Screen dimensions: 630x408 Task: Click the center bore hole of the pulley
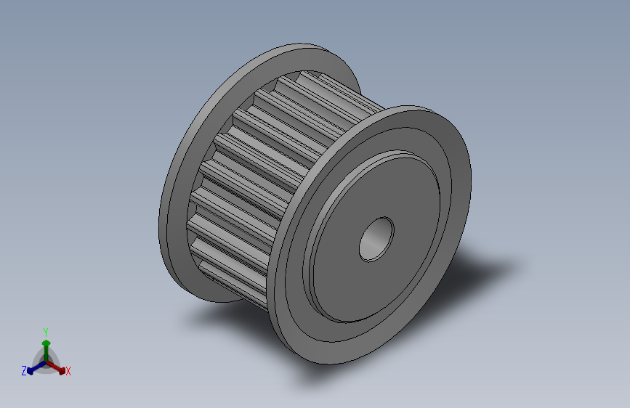pyautogui.click(x=376, y=240)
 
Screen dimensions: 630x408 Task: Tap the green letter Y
pyautogui.click(x=46, y=332)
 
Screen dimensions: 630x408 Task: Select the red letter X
pyautogui.click(x=68, y=372)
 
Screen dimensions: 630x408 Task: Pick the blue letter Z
pyautogui.click(x=24, y=371)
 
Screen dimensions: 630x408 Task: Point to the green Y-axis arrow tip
pyautogui.click(x=47, y=343)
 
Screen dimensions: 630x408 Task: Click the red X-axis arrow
pyautogui.click(x=55, y=367)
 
